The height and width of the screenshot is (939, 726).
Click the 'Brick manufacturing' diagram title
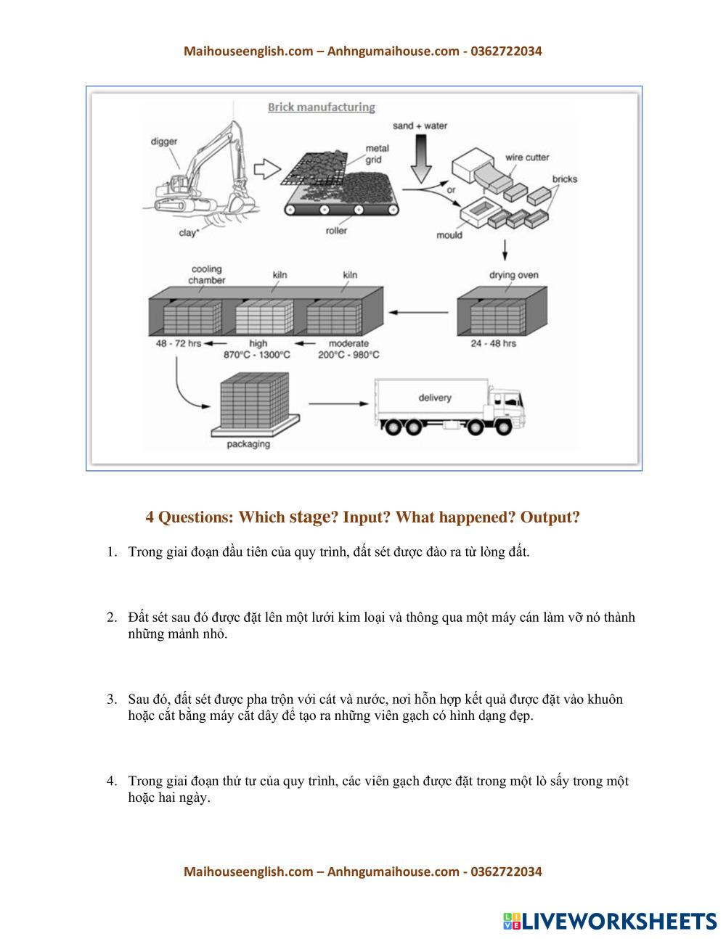click(321, 107)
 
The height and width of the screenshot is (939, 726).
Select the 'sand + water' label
click(420, 126)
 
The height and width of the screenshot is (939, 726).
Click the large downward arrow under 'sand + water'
click(420, 159)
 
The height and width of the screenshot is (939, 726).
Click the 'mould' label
click(449, 235)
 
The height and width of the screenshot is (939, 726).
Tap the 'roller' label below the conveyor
click(336, 231)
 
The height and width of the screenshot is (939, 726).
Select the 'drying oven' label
click(513, 275)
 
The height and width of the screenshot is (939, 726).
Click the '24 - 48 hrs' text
click(493, 343)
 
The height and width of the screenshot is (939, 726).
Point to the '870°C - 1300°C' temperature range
click(257, 355)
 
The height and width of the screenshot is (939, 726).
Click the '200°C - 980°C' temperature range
click(348, 355)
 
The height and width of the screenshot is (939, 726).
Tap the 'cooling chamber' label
click(206, 274)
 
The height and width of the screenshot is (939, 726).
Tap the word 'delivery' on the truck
click(434, 398)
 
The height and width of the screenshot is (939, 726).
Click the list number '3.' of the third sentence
click(112, 700)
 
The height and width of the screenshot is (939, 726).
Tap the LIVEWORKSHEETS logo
click(609, 921)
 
